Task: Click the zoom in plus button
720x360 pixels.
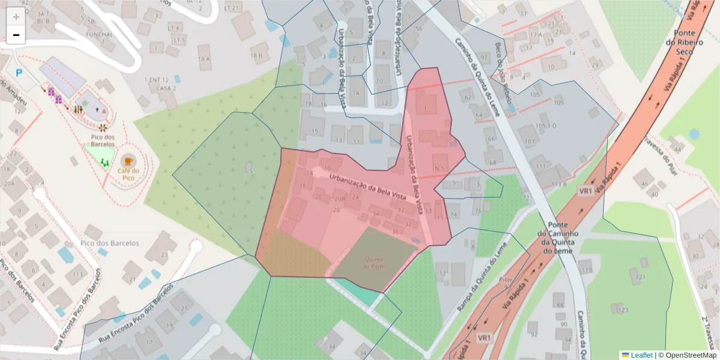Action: point(16,17)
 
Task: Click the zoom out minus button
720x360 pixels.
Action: point(16,35)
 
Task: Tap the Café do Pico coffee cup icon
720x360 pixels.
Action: point(128,160)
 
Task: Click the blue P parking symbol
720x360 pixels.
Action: point(19,73)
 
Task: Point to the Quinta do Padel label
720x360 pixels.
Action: point(374,263)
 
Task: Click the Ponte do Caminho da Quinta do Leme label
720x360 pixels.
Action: point(554,238)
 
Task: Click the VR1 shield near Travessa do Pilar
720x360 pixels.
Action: point(586,191)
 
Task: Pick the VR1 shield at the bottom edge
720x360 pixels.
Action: point(484,338)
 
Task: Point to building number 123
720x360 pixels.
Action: point(623,310)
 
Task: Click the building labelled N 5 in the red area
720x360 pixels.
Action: point(440,167)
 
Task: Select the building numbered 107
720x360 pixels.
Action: point(529,142)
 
